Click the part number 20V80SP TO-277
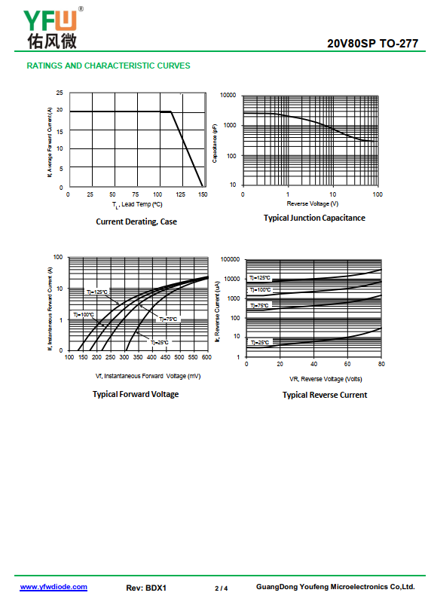[372, 44]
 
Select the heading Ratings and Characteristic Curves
[109, 66]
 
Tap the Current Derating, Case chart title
[136, 222]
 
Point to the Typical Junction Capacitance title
[314, 218]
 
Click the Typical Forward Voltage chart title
[136, 394]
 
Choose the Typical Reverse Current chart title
[325, 395]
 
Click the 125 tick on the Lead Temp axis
[180, 194]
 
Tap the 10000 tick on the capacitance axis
[228, 95]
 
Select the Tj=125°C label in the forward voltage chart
[97, 292]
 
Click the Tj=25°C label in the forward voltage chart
[159, 342]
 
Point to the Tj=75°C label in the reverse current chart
[259, 306]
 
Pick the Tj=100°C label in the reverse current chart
[260, 290]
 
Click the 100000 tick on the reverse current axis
[231, 259]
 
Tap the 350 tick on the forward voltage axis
[138, 357]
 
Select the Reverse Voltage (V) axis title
[313, 203]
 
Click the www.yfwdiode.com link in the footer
[53, 587]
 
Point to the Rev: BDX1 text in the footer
[146, 588]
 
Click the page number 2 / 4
[222, 588]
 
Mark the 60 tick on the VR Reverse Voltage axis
[347, 364]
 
